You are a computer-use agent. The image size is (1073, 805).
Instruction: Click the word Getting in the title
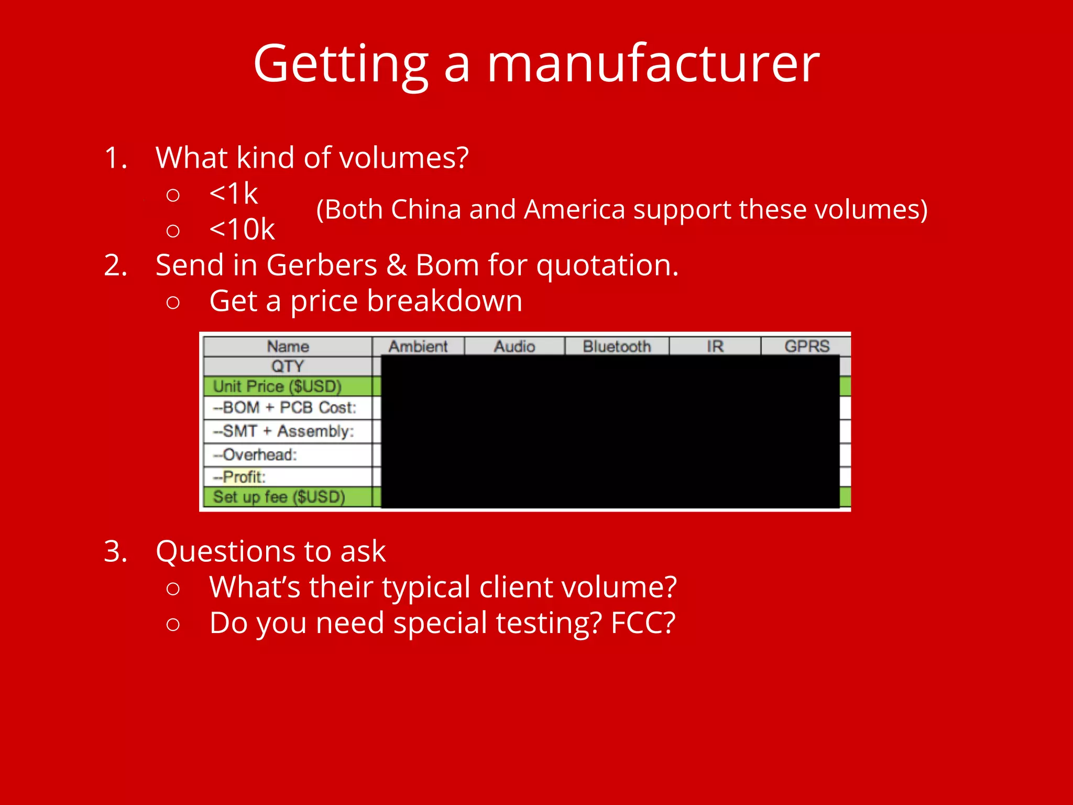tap(341, 64)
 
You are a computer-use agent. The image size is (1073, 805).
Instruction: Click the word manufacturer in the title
tap(653, 64)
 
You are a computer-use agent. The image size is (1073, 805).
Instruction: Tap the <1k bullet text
tap(234, 193)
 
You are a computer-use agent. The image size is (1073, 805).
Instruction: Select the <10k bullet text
tap(242, 229)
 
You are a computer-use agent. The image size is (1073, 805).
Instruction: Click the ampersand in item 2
tap(396, 265)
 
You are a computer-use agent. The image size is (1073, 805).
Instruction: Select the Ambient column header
tap(418, 346)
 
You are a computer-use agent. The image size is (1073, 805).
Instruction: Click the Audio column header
tap(514, 346)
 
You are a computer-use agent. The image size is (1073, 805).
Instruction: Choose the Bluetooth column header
tap(617, 346)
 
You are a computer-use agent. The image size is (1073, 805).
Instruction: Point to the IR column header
tap(715, 346)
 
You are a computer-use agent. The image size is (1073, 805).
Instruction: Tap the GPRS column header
tap(807, 346)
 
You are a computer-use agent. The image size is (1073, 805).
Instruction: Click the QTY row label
tap(287, 366)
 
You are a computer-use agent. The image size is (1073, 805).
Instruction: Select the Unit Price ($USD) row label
tap(277, 386)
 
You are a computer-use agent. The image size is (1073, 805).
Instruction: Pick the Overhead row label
tap(255, 454)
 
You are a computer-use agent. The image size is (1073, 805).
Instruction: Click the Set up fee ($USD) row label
tap(279, 497)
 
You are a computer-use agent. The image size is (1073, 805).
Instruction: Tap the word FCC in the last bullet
tap(643, 623)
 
